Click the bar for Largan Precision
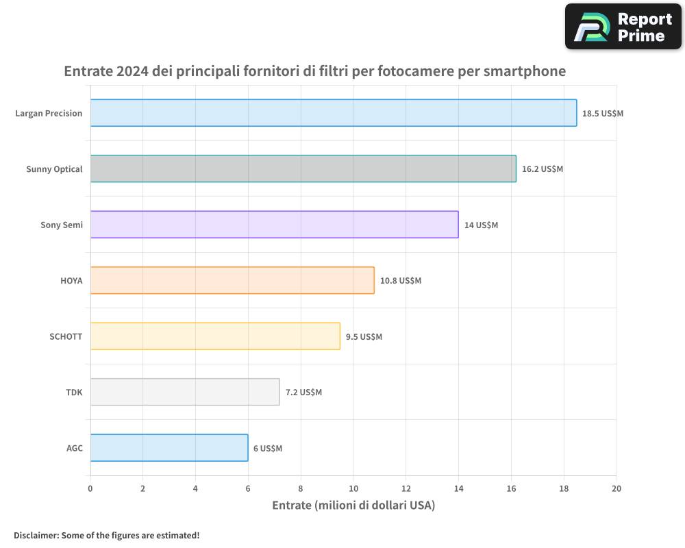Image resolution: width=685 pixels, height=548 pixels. pos(333,113)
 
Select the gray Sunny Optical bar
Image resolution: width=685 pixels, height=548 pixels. pos(303,169)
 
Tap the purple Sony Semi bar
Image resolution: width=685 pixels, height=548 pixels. pos(274,225)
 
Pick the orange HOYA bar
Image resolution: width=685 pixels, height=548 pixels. pos(232,280)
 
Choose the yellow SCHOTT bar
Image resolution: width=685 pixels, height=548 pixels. pos(215,336)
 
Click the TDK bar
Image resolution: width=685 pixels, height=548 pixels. pos(185,392)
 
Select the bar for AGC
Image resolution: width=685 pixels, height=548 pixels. pos(169,448)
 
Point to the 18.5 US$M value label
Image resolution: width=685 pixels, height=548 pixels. pos(603,114)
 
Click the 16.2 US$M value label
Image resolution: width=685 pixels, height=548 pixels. pos(543,169)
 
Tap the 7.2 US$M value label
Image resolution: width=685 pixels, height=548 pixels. pos(303,393)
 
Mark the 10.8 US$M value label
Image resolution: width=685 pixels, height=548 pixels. pos(401,281)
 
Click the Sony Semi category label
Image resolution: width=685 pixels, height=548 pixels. pos(62,225)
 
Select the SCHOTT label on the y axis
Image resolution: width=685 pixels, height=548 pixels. pos(66,336)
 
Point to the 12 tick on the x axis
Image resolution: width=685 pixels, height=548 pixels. pos(406,488)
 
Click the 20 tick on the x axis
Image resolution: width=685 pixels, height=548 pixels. pos(616,488)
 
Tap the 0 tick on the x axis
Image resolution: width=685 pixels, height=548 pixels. pos(90,488)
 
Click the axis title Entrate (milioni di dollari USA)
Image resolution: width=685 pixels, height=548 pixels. pos(353,506)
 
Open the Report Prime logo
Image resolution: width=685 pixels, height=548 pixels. pos(623,27)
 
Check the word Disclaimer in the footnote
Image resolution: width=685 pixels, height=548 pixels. pos(36,535)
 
